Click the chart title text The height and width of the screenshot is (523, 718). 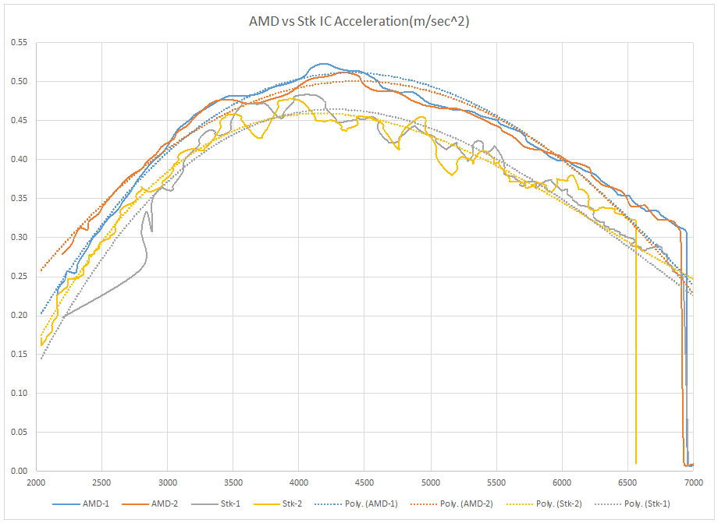click(358, 22)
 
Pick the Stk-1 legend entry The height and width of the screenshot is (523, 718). click(232, 504)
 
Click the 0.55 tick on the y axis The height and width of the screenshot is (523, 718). click(17, 42)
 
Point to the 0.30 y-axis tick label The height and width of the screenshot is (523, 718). click(17, 237)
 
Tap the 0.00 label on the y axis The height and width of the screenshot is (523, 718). click(17, 471)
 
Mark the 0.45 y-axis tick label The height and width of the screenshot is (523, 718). click(17, 120)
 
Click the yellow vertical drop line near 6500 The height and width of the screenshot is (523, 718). click(636, 351)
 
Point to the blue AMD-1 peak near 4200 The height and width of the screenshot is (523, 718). click(323, 64)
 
